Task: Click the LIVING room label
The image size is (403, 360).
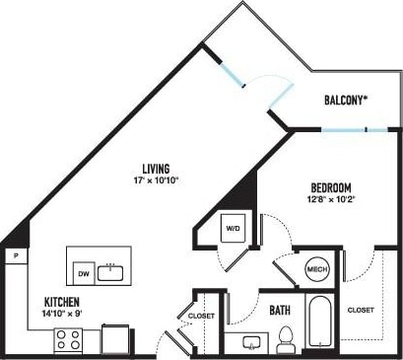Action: [154, 169]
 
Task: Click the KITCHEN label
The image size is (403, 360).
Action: [61, 300]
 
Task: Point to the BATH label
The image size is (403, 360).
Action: [280, 310]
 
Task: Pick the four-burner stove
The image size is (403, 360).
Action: [68, 340]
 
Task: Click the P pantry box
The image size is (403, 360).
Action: [17, 255]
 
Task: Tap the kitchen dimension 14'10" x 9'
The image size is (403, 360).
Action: [61, 313]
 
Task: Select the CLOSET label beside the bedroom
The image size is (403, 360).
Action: [361, 310]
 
